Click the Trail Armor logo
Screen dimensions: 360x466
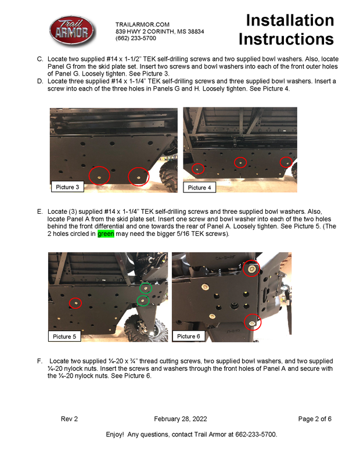tap(72, 31)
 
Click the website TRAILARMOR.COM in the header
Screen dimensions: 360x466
tap(142, 24)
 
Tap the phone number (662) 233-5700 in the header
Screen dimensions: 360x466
tap(136, 38)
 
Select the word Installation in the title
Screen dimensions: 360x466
tap(290, 20)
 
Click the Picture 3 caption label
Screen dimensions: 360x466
tap(67, 187)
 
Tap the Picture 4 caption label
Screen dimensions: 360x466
tap(199, 188)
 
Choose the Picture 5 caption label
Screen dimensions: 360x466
tap(64, 336)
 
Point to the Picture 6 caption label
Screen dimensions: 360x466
tap(189, 336)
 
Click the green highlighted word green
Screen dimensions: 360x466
tap(106, 234)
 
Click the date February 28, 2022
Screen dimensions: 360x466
tap(181, 419)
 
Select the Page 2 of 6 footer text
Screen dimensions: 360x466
tap(315, 419)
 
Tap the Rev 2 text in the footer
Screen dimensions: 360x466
tap(69, 419)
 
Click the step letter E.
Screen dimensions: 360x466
tap(40, 212)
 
